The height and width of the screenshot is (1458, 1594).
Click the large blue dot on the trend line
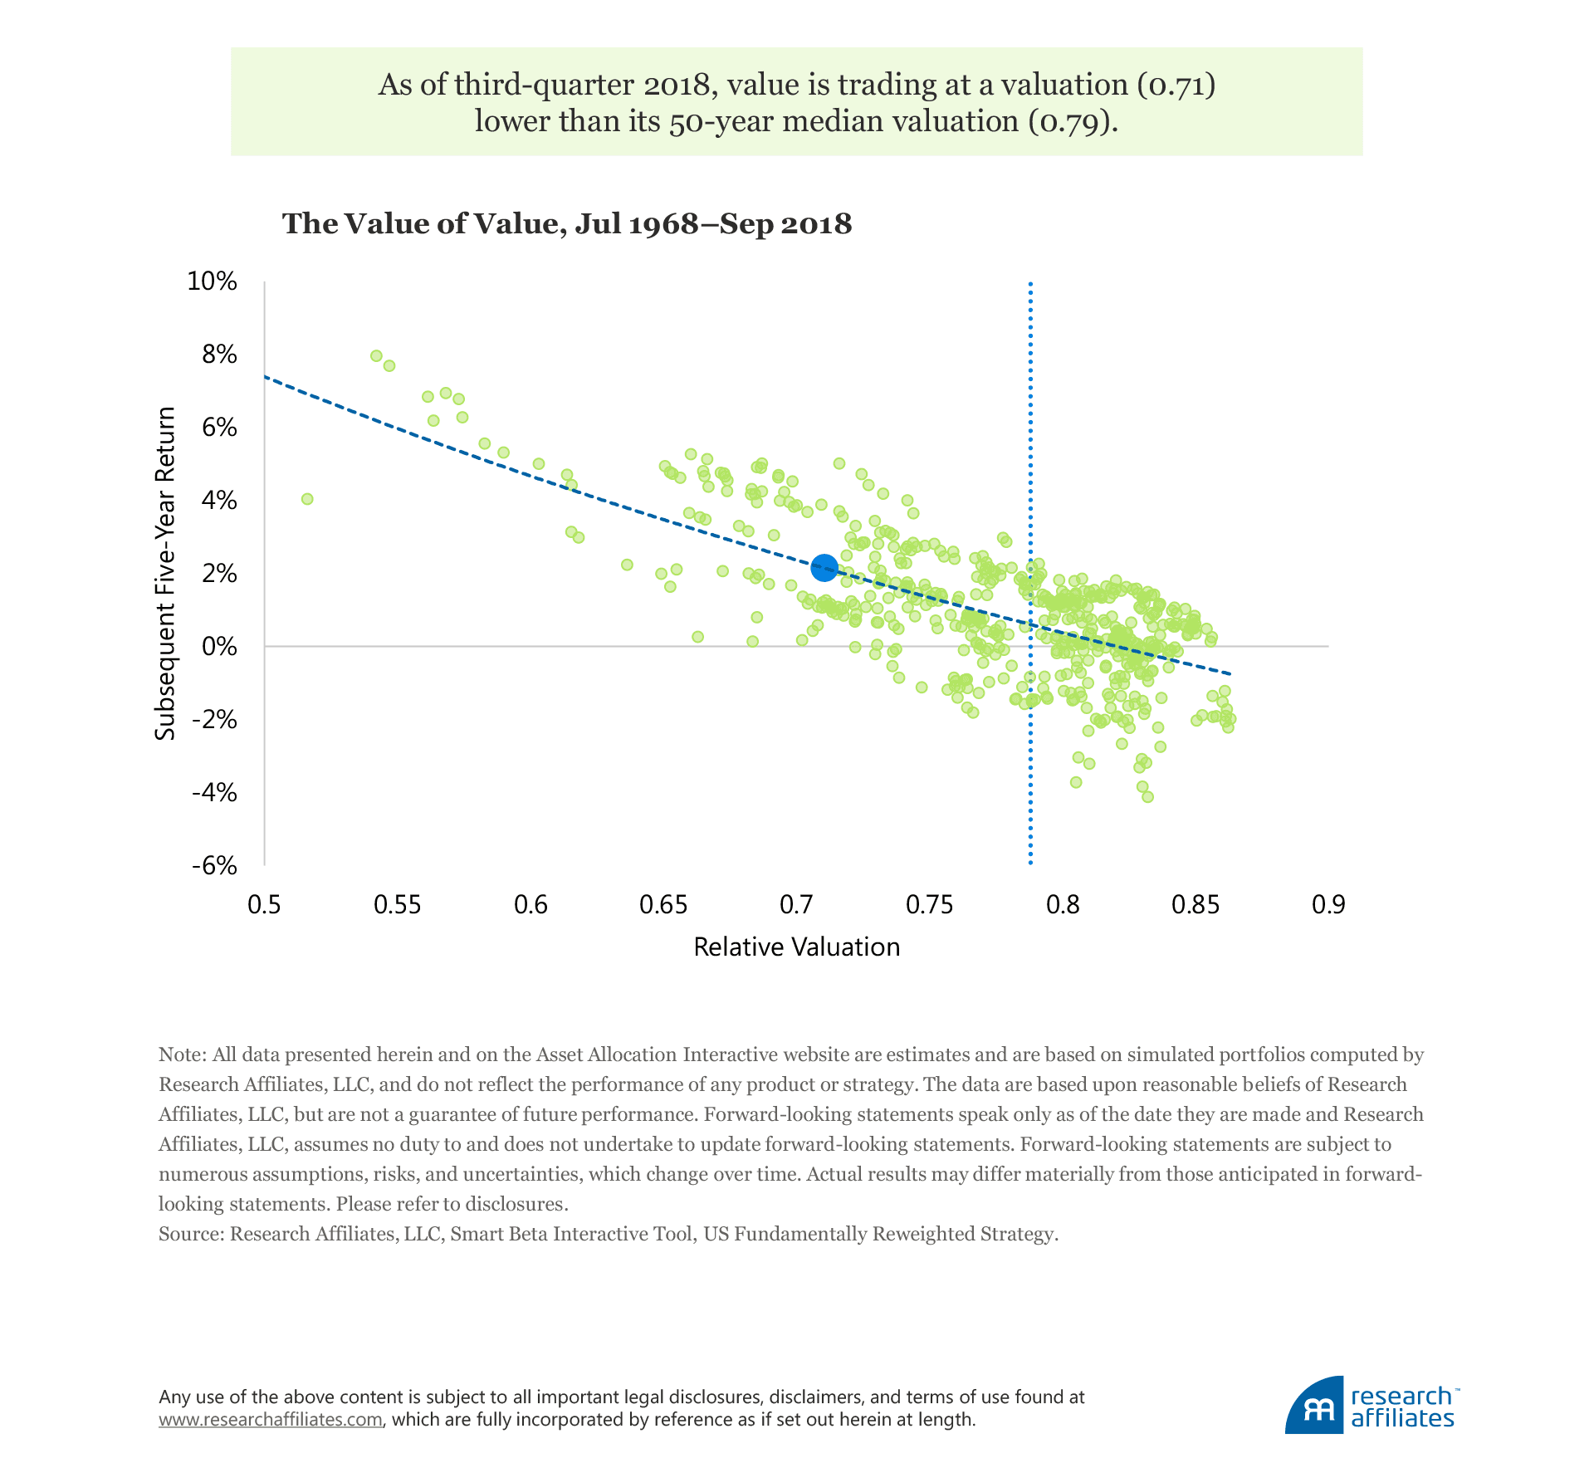(x=824, y=568)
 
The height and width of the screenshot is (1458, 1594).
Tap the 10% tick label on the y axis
(x=213, y=281)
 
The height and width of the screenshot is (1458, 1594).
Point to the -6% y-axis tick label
(x=214, y=866)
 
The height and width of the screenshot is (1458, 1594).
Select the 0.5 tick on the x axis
(x=264, y=904)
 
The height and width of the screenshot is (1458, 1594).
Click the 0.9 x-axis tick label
(x=1328, y=904)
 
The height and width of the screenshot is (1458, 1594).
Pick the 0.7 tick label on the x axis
(x=796, y=904)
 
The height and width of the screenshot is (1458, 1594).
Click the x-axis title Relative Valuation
(x=796, y=947)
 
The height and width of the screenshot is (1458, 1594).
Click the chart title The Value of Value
(x=567, y=224)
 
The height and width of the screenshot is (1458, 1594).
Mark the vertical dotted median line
(x=1030, y=747)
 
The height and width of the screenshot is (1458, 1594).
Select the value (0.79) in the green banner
(x=1073, y=121)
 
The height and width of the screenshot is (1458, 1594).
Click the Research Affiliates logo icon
(x=1314, y=1407)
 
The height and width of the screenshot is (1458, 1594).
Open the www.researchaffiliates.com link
(x=271, y=1419)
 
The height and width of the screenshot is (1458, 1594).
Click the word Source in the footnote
(x=190, y=1234)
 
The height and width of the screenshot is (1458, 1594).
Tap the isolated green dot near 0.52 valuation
(x=307, y=499)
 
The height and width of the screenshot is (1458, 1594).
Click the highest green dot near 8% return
(x=376, y=355)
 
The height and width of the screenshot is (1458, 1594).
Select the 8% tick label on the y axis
(x=219, y=355)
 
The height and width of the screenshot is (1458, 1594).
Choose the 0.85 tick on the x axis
(x=1195, y=904)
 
